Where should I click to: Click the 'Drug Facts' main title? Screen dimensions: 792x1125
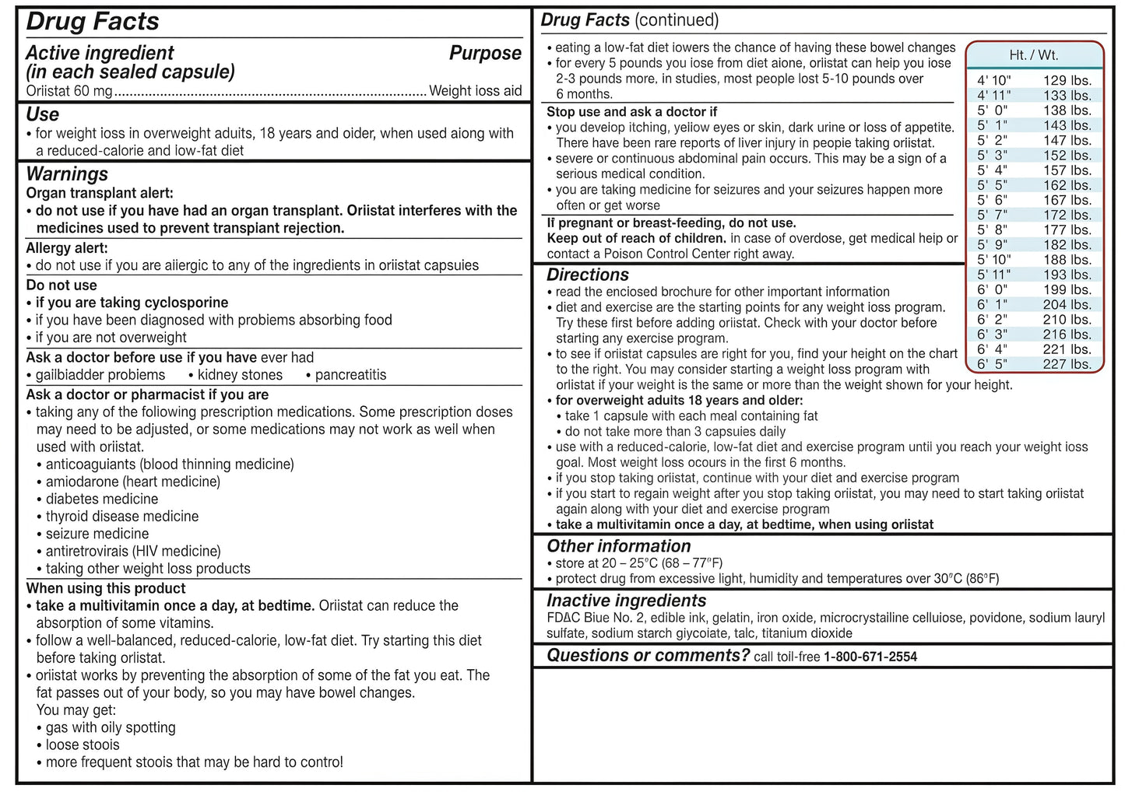93,22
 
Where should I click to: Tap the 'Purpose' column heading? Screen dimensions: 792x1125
485,54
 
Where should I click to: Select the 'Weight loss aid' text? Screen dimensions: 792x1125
475,91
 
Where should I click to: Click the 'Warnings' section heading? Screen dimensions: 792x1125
67,174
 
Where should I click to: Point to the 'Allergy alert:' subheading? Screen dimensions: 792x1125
67,248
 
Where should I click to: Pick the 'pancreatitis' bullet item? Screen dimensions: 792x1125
350,375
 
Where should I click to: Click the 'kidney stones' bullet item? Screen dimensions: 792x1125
240,375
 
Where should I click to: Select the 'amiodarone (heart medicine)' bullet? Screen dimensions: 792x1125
132,482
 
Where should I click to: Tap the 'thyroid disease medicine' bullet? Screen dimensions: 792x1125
121,517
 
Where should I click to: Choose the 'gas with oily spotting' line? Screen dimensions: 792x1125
110,728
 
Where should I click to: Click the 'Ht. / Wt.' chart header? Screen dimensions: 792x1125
1033,55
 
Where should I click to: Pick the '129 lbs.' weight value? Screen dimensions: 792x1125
1067,80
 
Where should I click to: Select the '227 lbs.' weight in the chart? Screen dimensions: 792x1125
1067,364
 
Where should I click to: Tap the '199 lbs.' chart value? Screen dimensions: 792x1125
1067,289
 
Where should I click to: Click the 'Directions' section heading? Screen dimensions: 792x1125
588,275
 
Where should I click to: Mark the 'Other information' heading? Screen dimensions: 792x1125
619,547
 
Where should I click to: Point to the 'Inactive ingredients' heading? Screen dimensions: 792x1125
627,601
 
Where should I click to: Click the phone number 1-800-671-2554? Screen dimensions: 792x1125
870,657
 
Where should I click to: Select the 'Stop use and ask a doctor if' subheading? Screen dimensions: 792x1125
631,112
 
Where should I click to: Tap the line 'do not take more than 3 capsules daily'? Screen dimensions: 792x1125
675,432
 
